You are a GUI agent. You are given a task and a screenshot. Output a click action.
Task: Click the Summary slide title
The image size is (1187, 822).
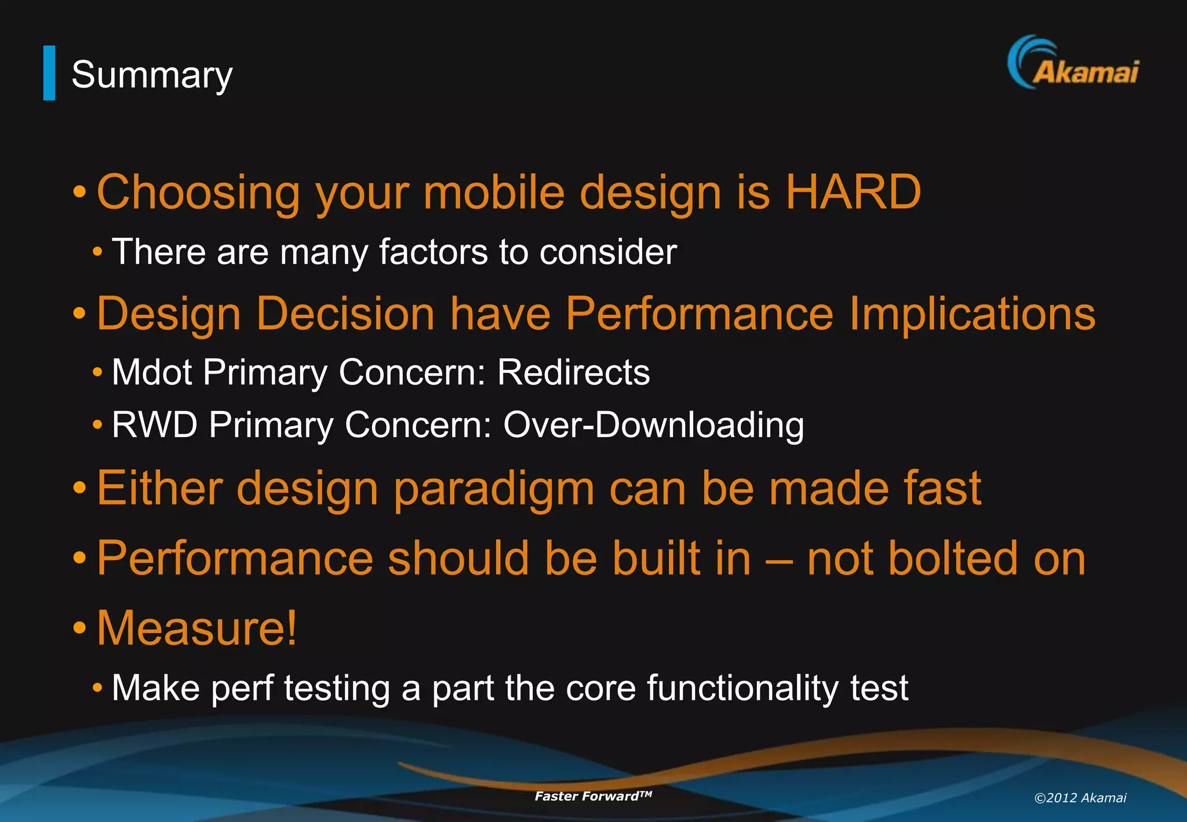pyautogui.click(x=152, y=75)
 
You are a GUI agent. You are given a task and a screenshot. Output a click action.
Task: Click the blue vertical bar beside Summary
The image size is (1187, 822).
pyautogui.click(x=49, y=73)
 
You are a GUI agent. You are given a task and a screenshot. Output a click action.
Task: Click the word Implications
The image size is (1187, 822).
pyautogui.click(x=972, y=314)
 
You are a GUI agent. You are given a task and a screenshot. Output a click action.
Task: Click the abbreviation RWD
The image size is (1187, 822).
pyautogui.click(x=154, y=424)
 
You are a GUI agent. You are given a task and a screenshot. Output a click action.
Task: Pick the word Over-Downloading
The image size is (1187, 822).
pyautogui.click(x=653, y=425)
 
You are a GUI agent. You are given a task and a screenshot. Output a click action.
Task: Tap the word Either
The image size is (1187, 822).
pyautogui.click(x=159, y=488)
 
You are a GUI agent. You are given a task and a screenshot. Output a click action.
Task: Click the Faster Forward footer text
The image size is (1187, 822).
pyautogui.click(x=592, y=796)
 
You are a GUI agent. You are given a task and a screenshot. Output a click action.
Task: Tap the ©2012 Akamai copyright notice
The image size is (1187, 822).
pyautogui.click(x=1080, y=798)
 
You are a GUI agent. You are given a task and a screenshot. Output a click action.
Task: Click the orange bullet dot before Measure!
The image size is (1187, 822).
pyautogui.click(x=80, y=628)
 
